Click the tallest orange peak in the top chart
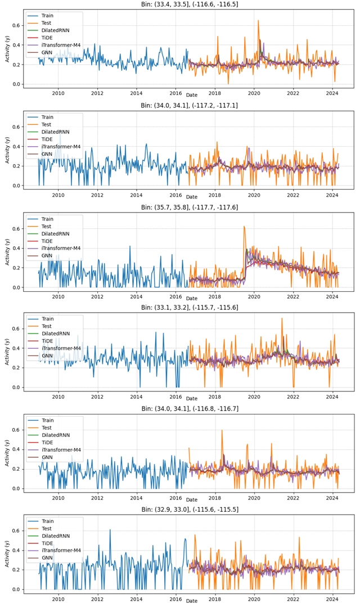(x=258, y=21)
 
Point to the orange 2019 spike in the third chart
(x=244, y=227)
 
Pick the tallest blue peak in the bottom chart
(x=110, y=530)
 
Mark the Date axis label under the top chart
(x=192, y=96)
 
